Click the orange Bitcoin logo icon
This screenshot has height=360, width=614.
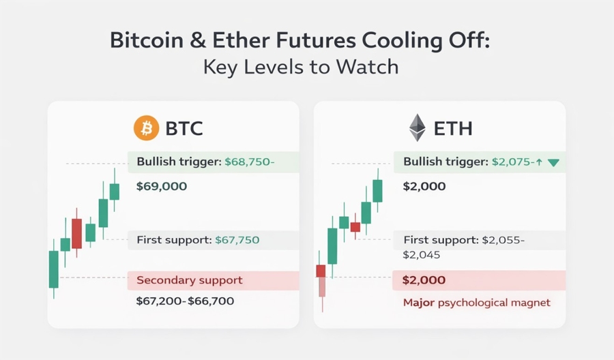click(145, 128)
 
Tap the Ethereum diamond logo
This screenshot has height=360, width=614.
click(417, 127)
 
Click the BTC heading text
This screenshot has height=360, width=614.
click(184, 128)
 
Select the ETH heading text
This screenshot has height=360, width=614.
click(453, 128)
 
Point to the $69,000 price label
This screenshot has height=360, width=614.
click(162, 186)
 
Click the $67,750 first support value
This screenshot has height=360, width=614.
click(237, 240)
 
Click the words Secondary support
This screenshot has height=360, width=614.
click(190, 280)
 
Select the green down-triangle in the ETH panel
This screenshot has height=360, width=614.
click(553, 163)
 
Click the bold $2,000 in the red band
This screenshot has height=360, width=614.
click(424, 280)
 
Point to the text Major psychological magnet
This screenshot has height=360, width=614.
click(476, 302)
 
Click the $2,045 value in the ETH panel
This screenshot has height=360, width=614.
click(422, 255)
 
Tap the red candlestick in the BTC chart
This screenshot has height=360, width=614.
click(76, 233)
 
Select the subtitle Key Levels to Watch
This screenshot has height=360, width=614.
click(306, 68)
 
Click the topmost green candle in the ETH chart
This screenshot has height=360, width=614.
click(377, 191)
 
